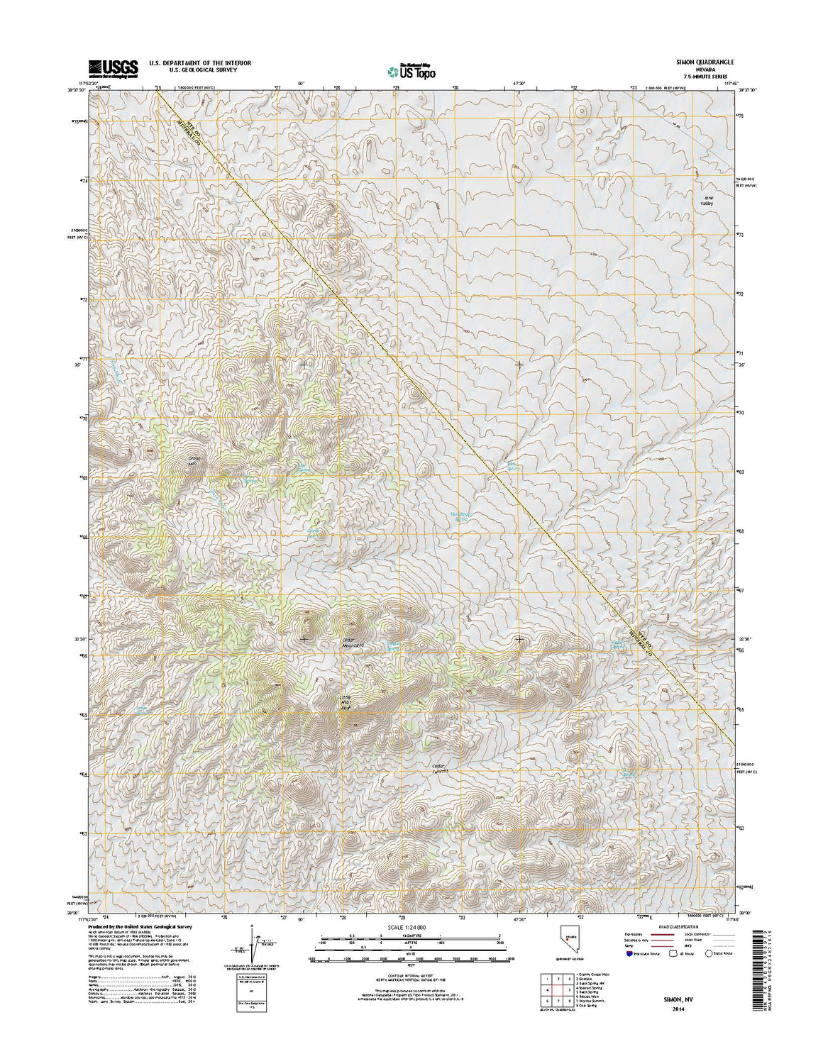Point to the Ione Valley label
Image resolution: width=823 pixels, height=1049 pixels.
coord(706,201)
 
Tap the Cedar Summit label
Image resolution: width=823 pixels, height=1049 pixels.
coord(442,769)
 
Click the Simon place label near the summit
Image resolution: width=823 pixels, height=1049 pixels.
coord(194,460)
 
